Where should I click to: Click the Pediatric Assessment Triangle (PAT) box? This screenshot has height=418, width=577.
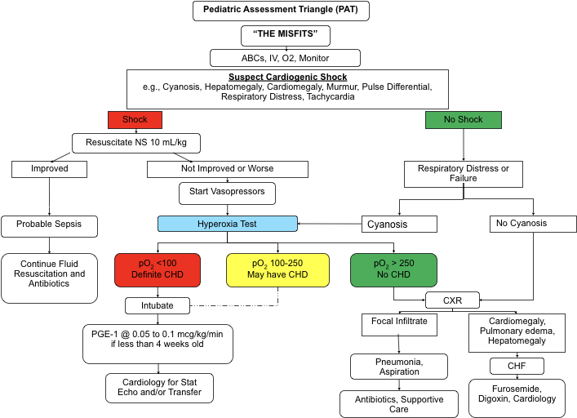[x=281, y=11]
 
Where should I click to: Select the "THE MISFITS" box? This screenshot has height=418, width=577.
[x=286, y=35]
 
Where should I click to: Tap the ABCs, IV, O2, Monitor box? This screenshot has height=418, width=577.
[x=285, y=58]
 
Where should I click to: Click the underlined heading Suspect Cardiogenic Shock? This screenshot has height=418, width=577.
[x=287, y=78]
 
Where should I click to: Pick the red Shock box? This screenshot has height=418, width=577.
[x=135, y=119]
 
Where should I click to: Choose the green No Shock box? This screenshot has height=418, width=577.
[x=463, y=119]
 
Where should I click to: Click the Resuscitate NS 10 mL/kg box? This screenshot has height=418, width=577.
[x=136, y=143]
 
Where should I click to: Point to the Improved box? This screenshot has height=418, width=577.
[x=49, y=169]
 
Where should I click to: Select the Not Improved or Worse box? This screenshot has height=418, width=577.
[x=227, y=169]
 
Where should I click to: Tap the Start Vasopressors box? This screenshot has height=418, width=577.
[x=227, y=193]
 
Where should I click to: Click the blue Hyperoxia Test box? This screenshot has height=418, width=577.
[x=227, y=223]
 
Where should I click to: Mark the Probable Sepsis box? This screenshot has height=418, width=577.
[x=49, y=224]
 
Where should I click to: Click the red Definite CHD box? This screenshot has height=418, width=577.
[x=158, y=269]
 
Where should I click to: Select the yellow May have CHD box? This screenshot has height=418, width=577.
[x=277, y=269]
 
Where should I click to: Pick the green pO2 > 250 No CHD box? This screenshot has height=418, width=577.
[x=393, y=269]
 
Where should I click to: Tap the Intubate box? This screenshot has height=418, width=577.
[x=158, y=305]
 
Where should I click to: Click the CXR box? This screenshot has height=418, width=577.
[x=452, y=300]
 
